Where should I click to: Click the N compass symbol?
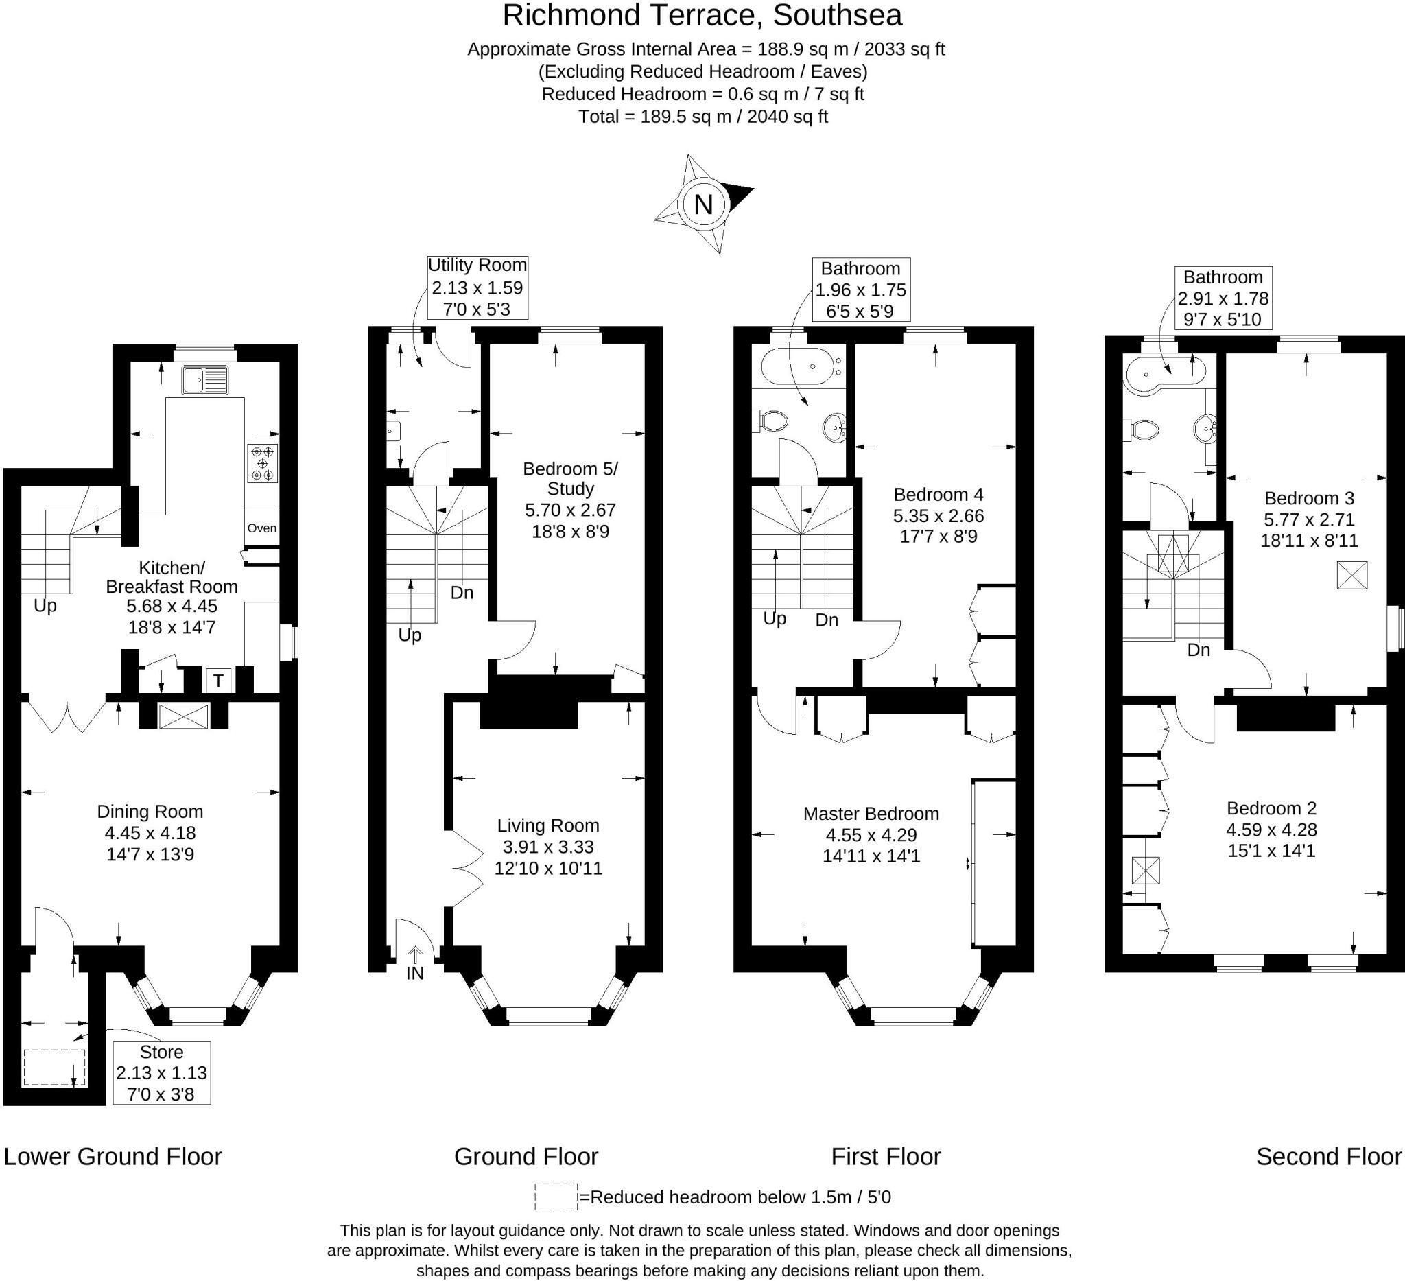(x=703, y=204)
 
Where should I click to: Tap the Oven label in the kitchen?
(x=262, y=528)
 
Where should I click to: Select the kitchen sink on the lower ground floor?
(x=205, y=381)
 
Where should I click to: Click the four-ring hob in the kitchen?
(x=262, y=462)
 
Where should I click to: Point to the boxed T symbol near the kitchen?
(x=218, y=680)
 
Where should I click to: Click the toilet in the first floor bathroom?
(x=770, y=421)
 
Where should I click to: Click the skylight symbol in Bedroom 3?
(x=1351, y=575)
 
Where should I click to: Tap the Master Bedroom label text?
(x=871, y=813)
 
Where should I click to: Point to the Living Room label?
(x=547, y=825)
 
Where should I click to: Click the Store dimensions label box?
(x=162, y=1072)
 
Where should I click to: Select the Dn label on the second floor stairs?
(x=1198, y=650)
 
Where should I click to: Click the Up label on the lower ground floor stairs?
(x=45, y=606)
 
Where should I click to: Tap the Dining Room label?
(x=150, y=811)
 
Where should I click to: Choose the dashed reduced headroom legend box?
(x=556, y=1197)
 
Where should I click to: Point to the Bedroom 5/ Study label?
(x=570, y=478)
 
